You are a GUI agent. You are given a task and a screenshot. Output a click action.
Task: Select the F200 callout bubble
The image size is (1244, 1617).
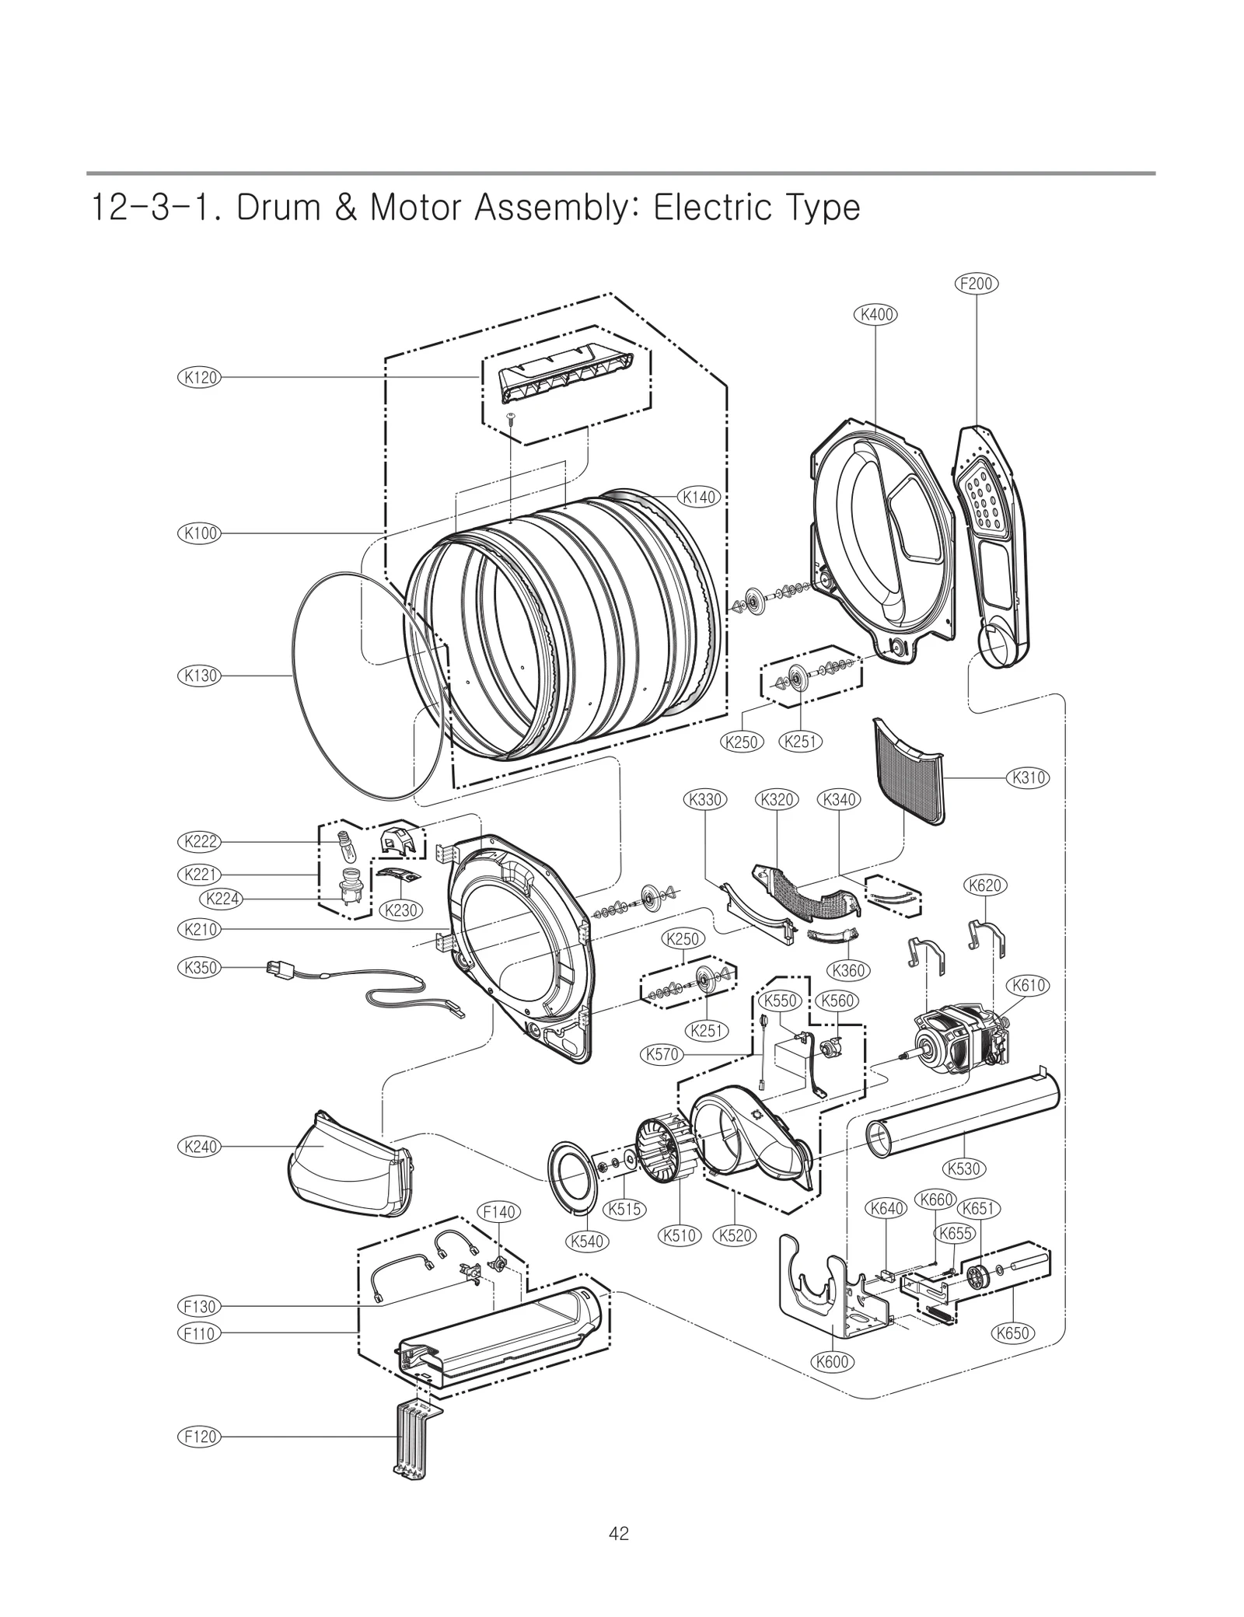[x=976, y=284]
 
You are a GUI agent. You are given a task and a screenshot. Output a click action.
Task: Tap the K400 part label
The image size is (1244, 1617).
[x=875, y=315]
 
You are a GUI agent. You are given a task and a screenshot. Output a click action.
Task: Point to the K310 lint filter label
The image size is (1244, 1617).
[x=1028, y=777]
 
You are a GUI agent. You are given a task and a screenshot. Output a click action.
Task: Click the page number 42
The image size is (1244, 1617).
[x=620, y=1532]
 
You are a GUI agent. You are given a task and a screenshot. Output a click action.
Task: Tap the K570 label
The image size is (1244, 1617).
[x=662, y=1055]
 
